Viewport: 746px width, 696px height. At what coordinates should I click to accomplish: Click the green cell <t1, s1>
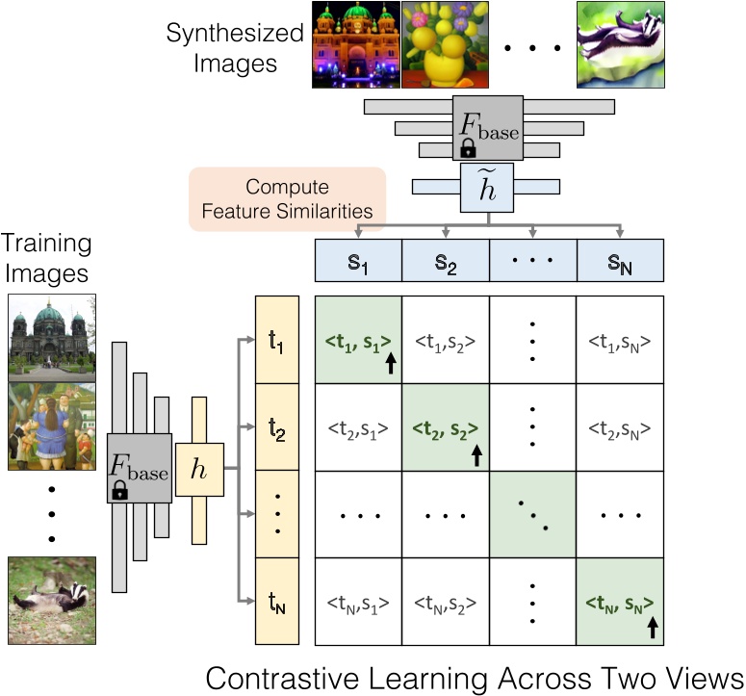tap(358, 340)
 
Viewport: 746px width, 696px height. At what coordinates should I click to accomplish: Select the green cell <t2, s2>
tap(445, 427)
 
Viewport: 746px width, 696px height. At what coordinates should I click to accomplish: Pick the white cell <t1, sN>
tap(621, 340)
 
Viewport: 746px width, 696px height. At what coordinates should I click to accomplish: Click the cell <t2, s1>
tap(358, 427)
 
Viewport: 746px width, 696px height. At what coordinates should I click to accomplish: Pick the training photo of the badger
tap(51, 590)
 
